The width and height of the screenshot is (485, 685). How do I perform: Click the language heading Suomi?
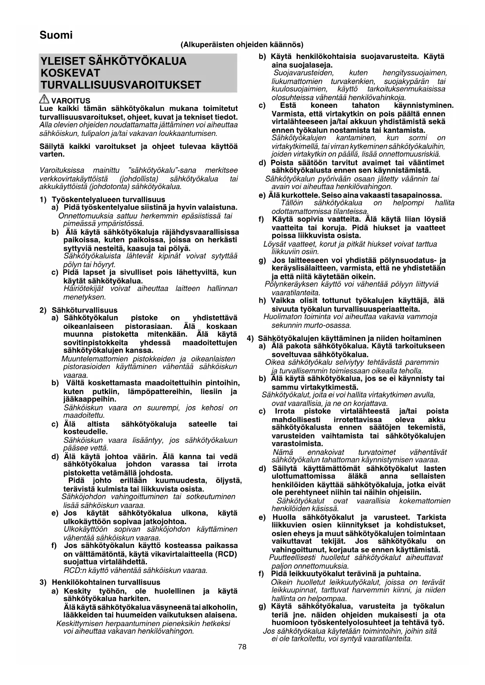click(56, 35)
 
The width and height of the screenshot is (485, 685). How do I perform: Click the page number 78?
click(242, 647)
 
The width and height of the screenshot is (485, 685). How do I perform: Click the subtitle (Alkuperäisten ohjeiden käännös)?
click(242, 45)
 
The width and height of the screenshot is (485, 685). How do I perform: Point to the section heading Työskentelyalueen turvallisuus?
click(108, 200)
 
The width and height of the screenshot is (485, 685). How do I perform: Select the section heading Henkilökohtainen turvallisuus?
click(106, 582)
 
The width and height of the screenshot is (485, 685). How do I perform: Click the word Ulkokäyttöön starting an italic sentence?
click(86, 529)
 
